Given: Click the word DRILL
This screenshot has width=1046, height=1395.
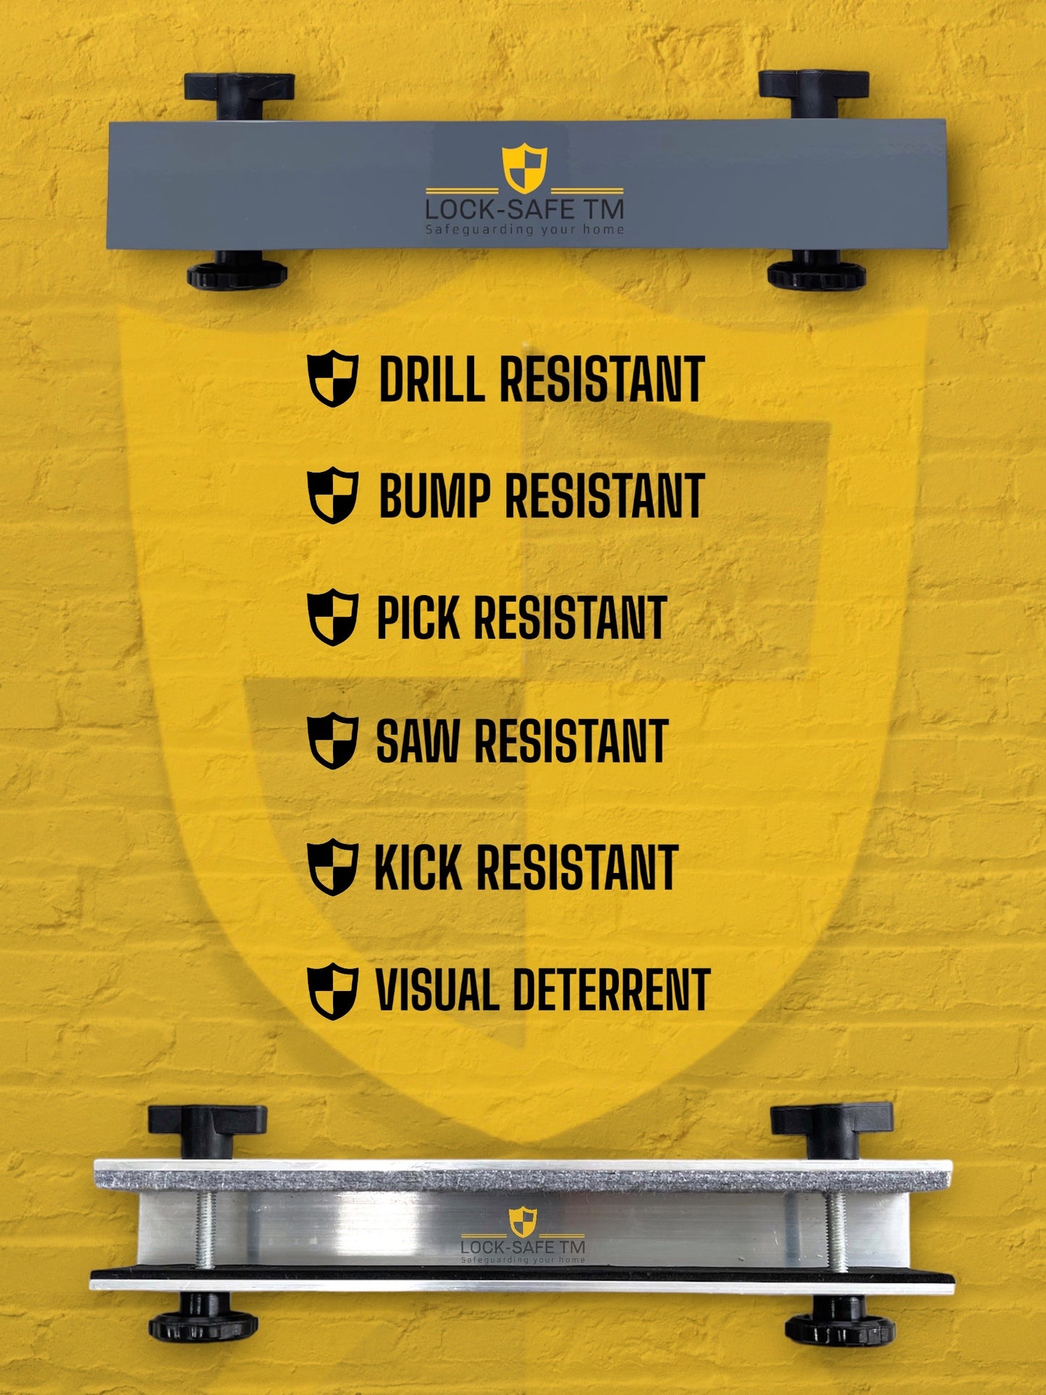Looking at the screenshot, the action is pyautogui.click(x=432, y=379).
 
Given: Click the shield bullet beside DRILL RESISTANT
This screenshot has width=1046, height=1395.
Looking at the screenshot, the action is pyautogui.click(x=333, y=379).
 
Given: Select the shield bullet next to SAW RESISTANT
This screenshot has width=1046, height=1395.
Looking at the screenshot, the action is pyautogui.click(x=333, y=741).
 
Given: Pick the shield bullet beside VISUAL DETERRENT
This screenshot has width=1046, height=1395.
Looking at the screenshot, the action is pyautogui.click(x=333, y=991).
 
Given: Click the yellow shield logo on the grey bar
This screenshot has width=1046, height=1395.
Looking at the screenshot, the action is pyautogui.click(x=525, y=169).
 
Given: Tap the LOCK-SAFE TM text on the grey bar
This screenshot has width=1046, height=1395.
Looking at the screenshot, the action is pyautogui.click(x=524, y=210).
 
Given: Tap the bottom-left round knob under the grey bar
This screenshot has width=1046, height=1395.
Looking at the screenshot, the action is pyautogui.click(x=237, y=271).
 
